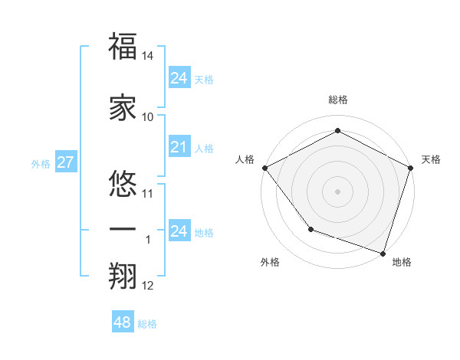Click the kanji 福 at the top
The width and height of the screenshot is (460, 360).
point(123,46)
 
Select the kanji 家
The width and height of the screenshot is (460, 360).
point(123,106)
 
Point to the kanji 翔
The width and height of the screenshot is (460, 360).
point(123,275)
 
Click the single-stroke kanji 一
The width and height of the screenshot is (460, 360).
point(123,229)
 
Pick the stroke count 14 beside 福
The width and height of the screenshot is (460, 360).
point(148,57)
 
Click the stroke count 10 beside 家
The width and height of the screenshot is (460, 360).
point(148,117)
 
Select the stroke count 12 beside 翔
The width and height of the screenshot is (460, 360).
point(148,286)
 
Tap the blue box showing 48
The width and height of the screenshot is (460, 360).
point(122,322)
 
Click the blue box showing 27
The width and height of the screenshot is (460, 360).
point(65,162)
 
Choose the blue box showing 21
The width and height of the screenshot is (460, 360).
point(179,147)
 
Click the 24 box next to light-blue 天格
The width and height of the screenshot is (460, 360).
point(179,78)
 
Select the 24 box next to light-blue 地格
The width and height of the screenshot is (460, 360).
point(179,231)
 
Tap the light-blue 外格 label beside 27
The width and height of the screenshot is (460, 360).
point(41,163)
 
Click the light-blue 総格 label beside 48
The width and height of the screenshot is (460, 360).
point(148,324)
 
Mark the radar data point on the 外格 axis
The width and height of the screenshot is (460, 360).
point(310,229)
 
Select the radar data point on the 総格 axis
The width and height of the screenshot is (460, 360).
point(337,130)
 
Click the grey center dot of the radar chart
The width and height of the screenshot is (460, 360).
point(337,191)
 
